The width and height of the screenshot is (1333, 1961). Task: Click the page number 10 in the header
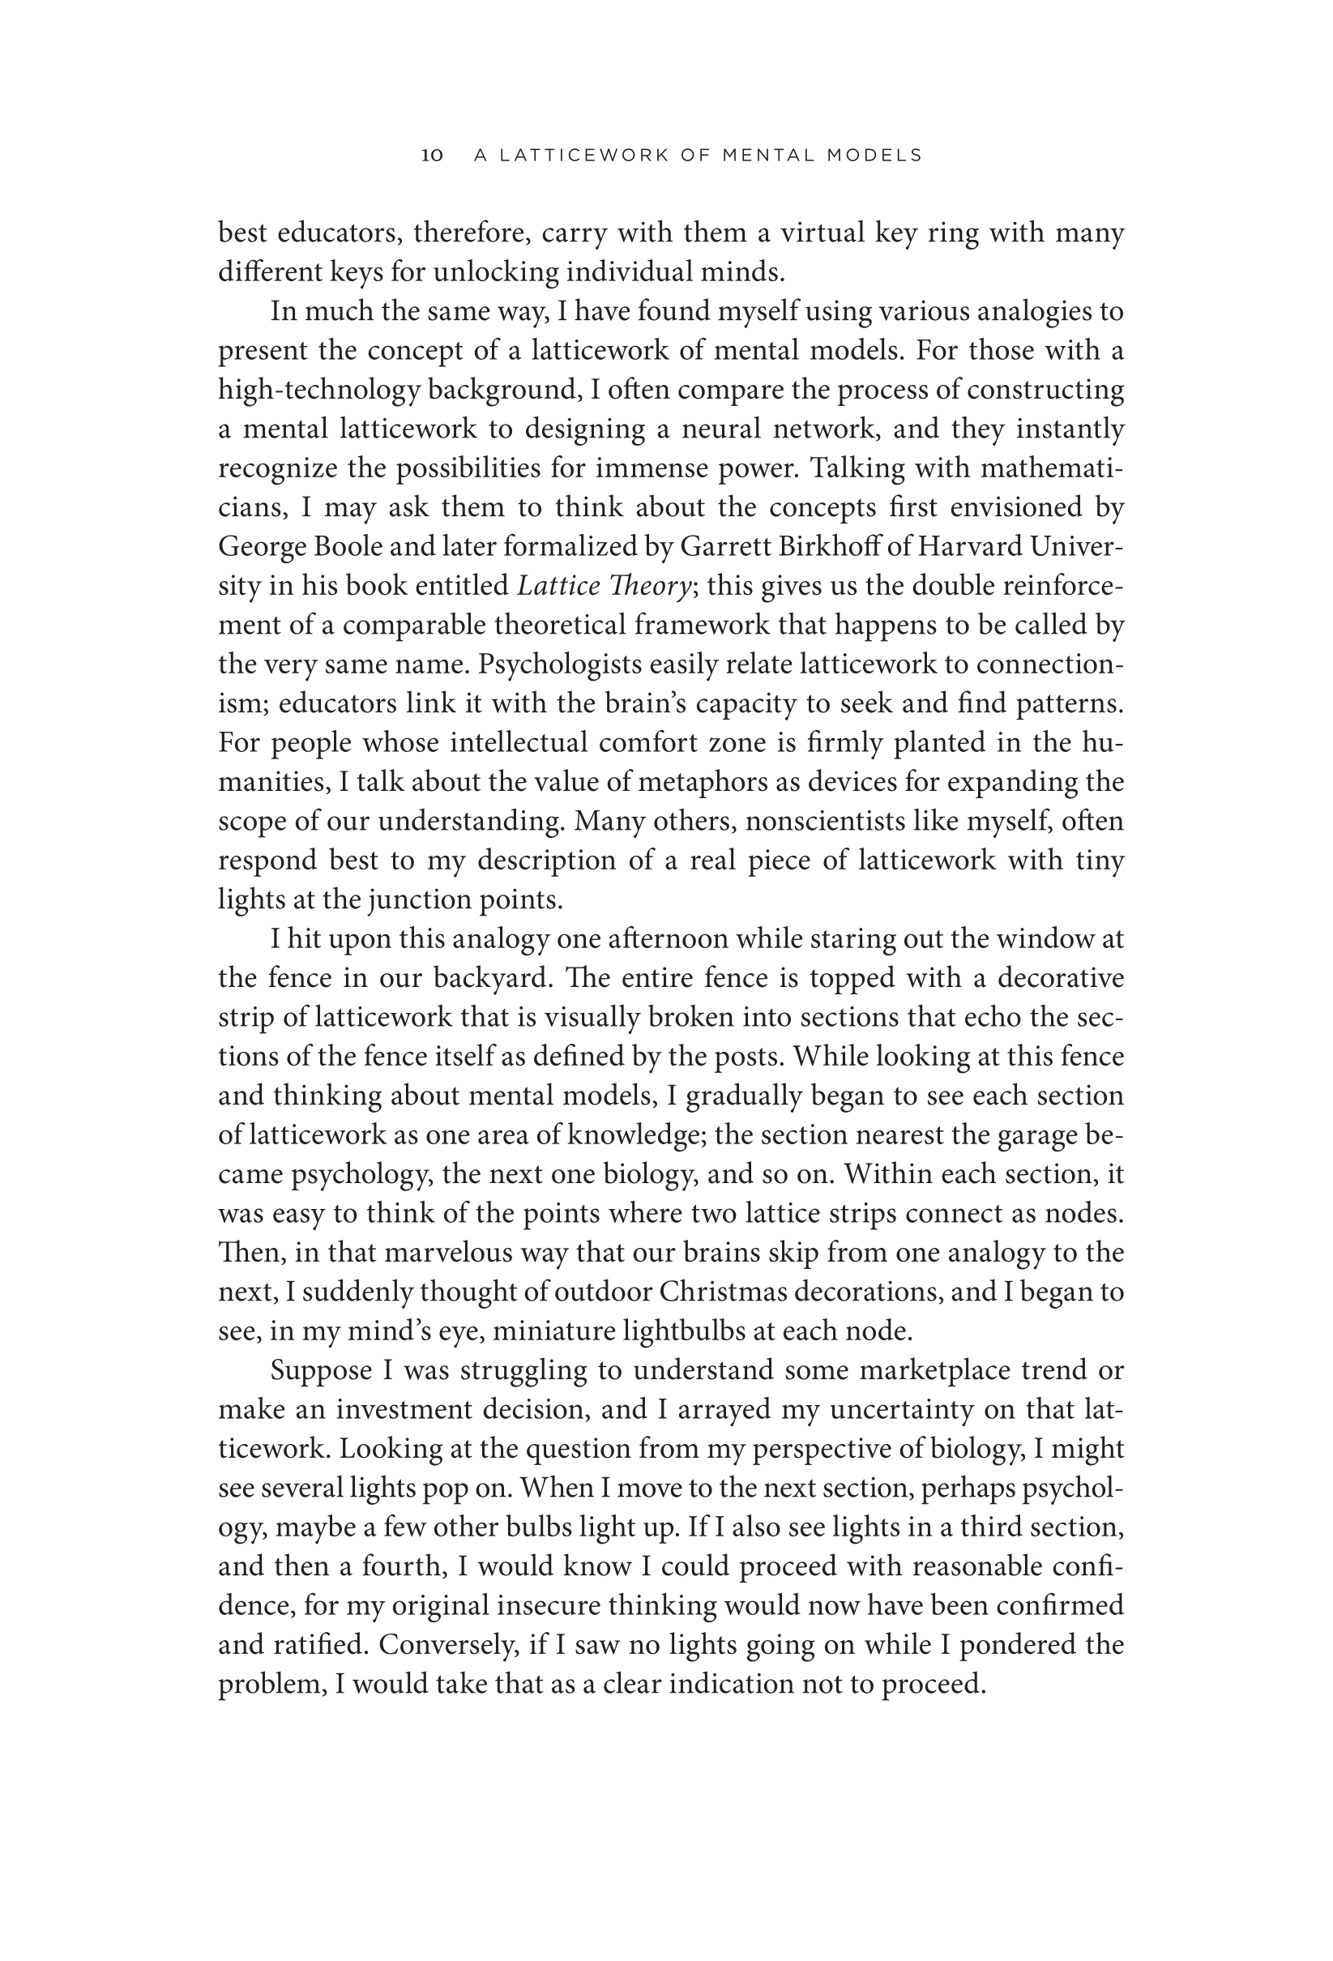[x=432, y=156]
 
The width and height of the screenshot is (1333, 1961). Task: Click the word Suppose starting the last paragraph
[x=321, y=1370]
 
